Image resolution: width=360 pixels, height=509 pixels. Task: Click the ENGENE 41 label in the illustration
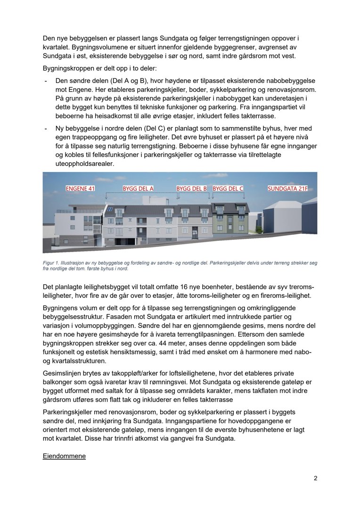(80, 189)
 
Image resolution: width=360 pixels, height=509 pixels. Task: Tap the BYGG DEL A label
(139, 189)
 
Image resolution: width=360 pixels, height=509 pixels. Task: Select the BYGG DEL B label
(192, 189)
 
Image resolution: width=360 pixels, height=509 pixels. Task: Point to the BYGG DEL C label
(228, 189)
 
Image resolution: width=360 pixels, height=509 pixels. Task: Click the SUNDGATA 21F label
(286, 189)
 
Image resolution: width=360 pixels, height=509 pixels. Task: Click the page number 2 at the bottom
(315, 478)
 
